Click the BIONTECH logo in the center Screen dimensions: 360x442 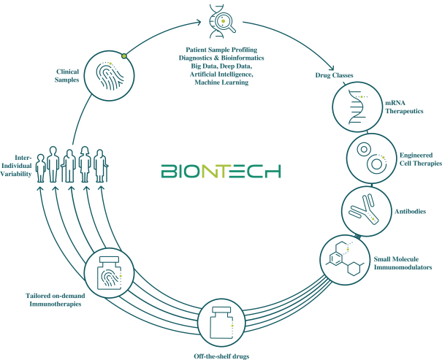(x=221, y=172)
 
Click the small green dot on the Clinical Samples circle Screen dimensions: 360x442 (x=124, y=55)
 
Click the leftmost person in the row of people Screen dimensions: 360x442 (x=41, y=166)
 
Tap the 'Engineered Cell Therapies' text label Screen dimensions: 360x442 (x=418, y=161)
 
